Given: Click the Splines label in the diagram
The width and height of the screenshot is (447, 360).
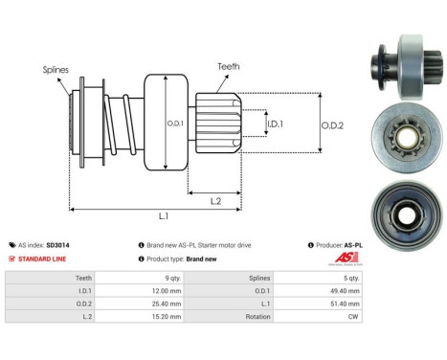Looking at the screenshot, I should tap(55, 70).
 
